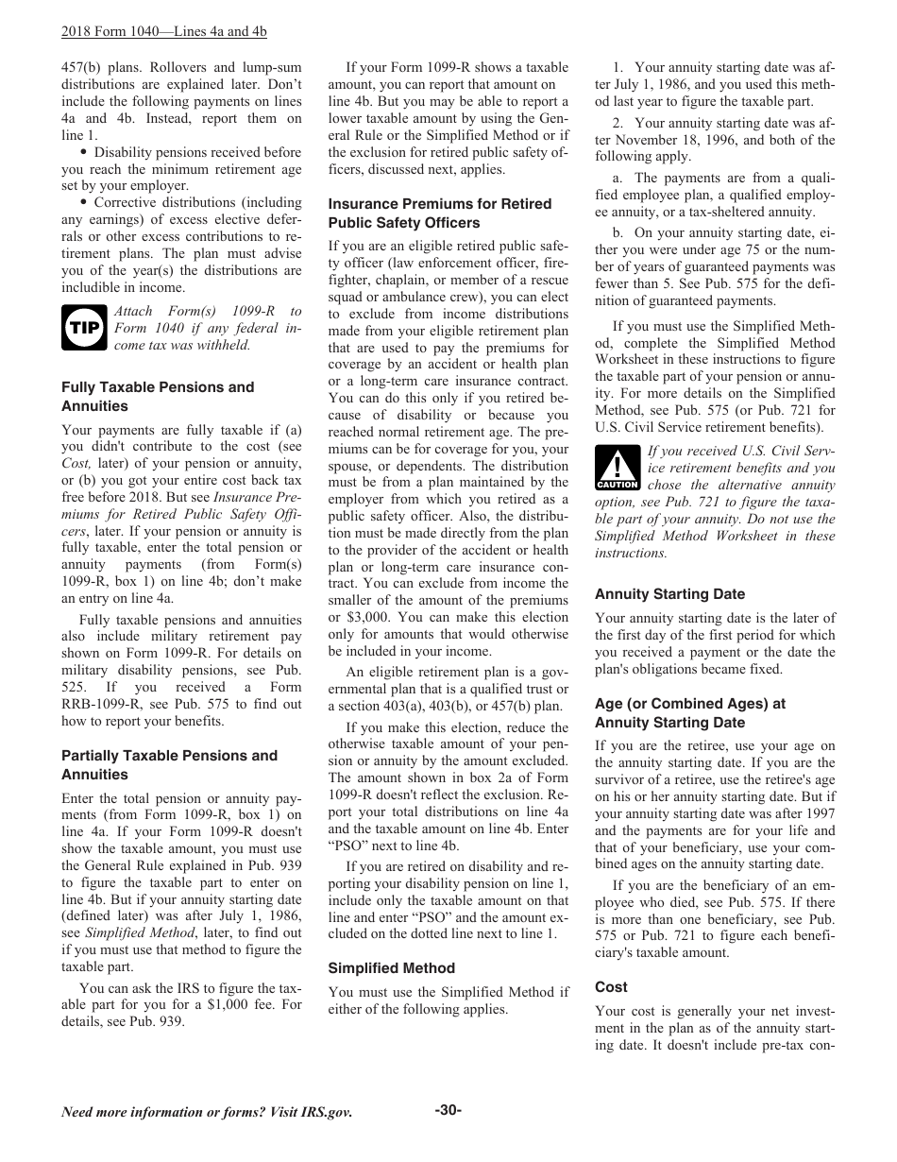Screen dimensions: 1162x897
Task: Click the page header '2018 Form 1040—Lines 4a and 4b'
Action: click(x=163, y=31)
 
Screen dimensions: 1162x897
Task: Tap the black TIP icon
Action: click(x=84, y=328)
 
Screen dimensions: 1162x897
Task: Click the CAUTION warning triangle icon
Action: click(x=617, y=469)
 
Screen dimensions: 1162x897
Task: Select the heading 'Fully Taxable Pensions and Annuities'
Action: click(x=158, y=397)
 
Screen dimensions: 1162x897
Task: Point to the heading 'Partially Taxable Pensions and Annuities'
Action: click(x=169, y=765)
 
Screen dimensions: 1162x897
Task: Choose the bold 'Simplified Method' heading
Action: click(x=391, y=968)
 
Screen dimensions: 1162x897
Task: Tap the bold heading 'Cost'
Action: click(x=611, y=987)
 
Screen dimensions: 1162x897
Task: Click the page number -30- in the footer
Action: click(x=448, y=1110)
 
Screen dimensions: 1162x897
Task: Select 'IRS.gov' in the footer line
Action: click(x=327, y=1113)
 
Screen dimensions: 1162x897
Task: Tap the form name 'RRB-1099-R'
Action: click(x=100, y=704)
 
